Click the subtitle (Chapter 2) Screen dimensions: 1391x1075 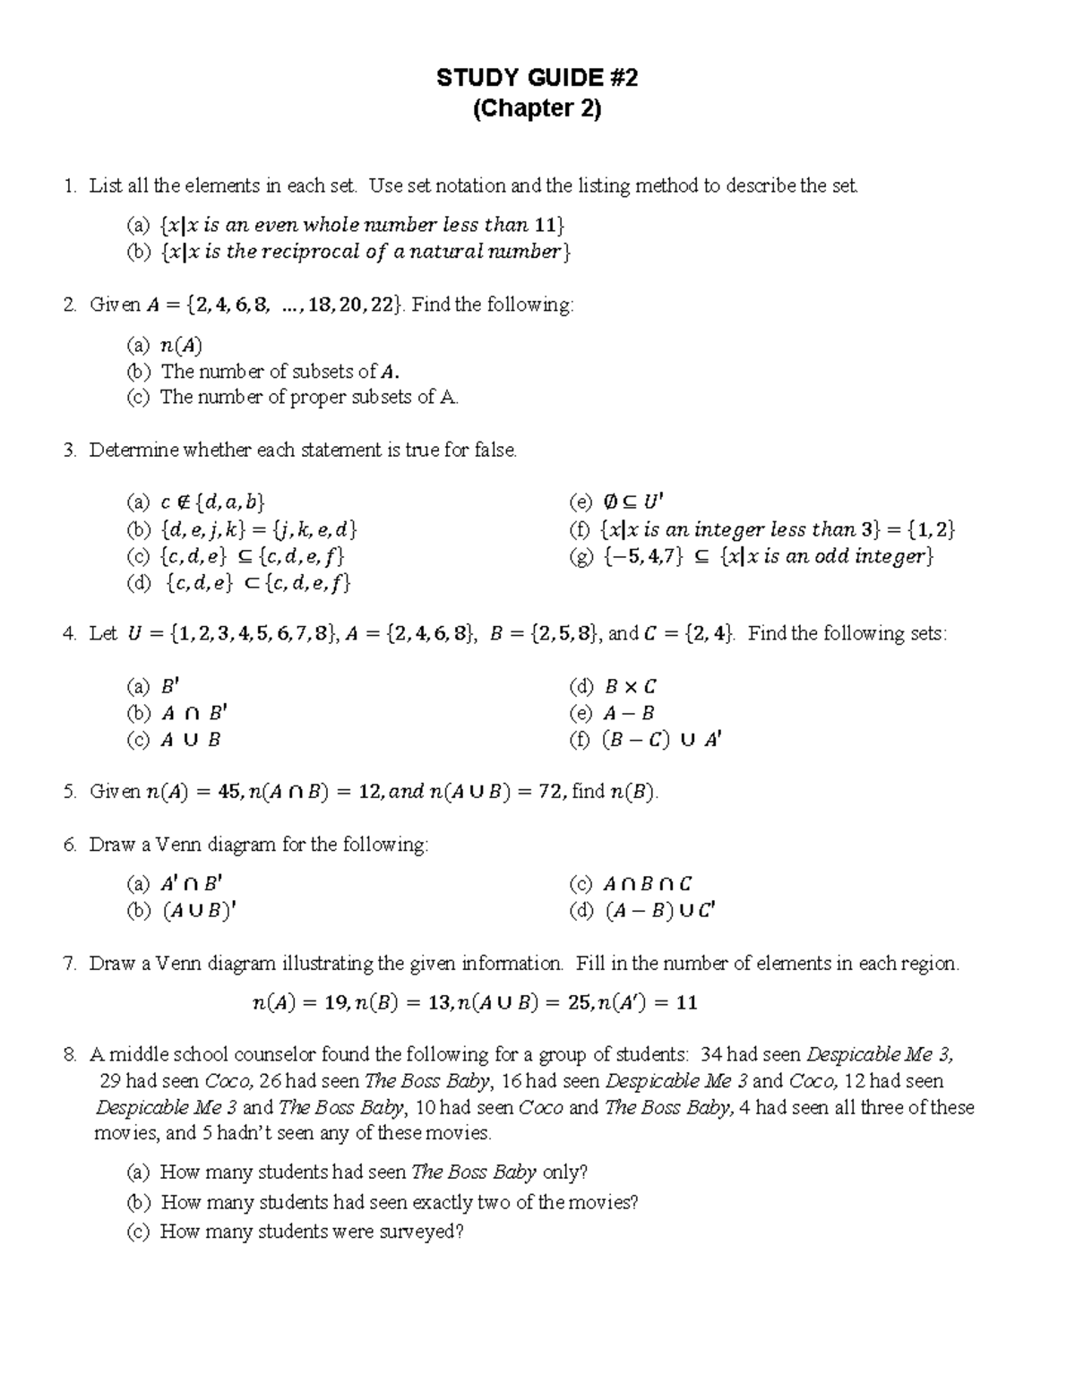[537, 108]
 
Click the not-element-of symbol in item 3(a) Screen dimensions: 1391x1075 [184, 502]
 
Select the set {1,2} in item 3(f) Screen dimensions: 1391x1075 [932, 529]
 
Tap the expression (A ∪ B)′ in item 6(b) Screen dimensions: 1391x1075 [200, 912]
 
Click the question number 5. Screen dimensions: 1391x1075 [69, 792]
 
